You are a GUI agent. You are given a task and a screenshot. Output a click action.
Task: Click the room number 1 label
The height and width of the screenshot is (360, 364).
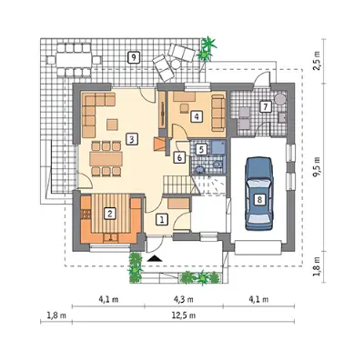pyautogui.click(x=162, y=219)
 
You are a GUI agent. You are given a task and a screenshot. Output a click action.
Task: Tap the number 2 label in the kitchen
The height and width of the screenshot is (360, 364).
pyautogui.click(x=109, y=214)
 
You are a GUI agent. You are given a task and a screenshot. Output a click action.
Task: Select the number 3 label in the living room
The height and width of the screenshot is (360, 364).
pyautogui.click(x=132, y=139)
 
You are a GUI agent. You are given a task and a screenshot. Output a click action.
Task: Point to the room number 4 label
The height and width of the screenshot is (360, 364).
pyautogui.click(x=197, y=116)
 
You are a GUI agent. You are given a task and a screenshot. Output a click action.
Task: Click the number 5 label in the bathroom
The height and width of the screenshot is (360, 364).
pyautogui.click(x=201, y=149)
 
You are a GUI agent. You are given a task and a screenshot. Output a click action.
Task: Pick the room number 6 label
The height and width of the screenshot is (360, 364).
pyautogui.click(x=179, y=157)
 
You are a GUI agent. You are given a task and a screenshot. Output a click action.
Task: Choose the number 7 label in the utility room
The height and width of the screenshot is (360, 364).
pyautogui.click(x=266, y=106)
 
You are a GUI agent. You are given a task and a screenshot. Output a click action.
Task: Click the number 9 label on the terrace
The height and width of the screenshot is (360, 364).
pyautogui.click(x=134, y=57)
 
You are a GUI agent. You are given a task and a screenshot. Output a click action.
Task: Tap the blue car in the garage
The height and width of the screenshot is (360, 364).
pyautogui.click(x=259, y=194)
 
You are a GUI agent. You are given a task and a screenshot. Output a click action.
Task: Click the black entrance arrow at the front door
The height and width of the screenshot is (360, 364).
pyautogui.click(x=155, y=258)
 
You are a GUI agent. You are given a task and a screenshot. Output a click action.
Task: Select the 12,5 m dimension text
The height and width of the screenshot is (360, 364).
pyautogui.click(x=184, y=315)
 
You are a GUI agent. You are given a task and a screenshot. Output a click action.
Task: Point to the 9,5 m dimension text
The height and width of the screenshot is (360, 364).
pyautogui.click(x=318, y=166)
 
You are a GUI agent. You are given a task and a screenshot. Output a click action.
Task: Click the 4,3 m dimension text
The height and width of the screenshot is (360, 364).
pyautogui.click(x=184, y=299)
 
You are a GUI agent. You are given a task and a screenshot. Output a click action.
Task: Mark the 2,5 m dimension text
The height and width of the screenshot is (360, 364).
pyautogui.click(x=318, y=61)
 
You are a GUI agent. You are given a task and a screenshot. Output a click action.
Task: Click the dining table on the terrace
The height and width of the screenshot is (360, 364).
pyautogui.click(x=74, y=60)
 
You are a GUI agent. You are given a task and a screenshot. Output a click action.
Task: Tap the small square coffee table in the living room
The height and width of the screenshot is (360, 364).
pyautogui.click(x=112, y=125)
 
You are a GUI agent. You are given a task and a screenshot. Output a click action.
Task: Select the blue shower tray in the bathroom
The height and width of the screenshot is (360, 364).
pyautogui.click(x=218, y=147)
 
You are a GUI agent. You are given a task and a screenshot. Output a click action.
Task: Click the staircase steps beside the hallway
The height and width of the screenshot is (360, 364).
pyautogui.click(x=178, y=185)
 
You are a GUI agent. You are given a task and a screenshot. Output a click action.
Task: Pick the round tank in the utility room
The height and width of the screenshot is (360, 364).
pyautogui.click(x=279, y=99)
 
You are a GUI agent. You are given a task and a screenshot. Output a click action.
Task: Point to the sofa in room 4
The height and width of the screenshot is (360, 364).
pyautogui.click(x=218, y=113)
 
